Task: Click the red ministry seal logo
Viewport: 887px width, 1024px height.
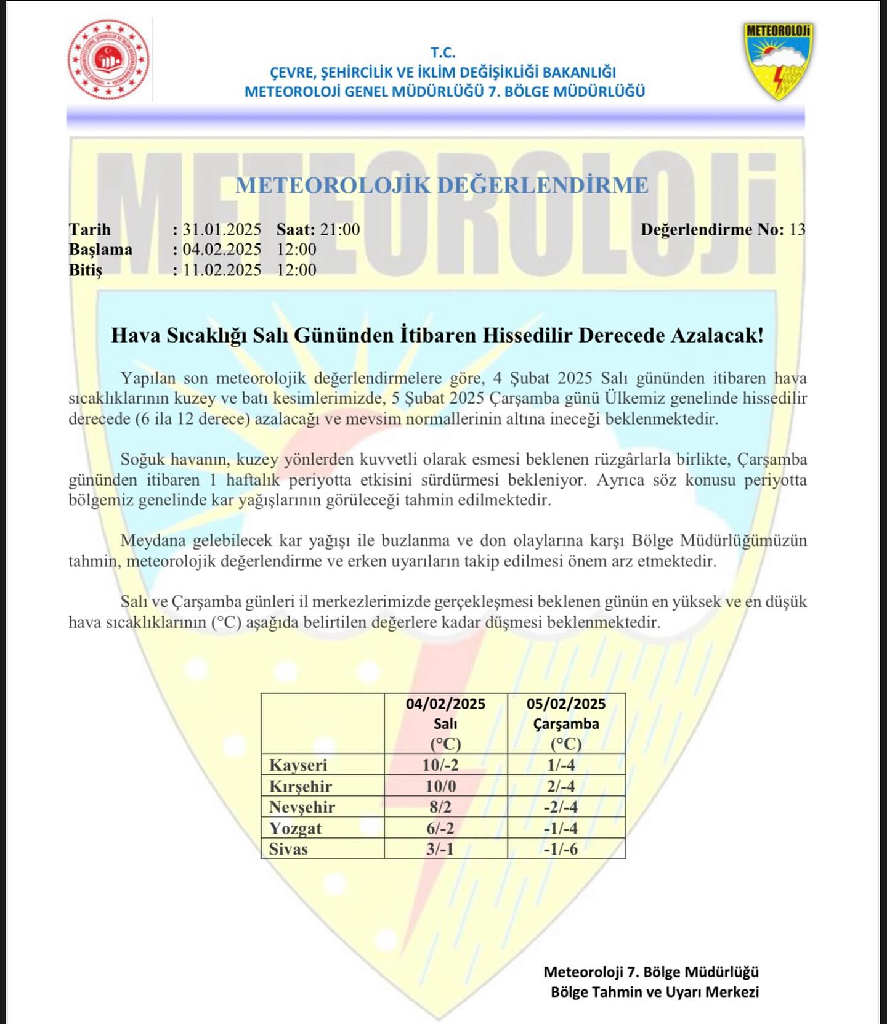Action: coord(109,59)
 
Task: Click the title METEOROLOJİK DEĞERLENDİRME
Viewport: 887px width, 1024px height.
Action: coord(442,185)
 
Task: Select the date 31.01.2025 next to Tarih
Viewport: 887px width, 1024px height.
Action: coord(222,230)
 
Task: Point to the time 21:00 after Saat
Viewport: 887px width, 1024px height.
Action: coord(340,230)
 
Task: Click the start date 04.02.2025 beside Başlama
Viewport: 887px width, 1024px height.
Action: coord(222,250)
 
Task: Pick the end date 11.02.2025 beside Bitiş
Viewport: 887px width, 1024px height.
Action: coord(222,270)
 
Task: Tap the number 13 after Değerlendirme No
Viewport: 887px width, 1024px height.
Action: coord(797,230)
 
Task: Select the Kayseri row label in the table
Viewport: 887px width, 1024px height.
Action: coord(298,765)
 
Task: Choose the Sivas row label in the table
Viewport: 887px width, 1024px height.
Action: coord(288,849)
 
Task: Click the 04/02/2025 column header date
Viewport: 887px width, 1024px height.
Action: coord(445,704)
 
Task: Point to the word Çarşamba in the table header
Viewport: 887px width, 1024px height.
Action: coord(566,724)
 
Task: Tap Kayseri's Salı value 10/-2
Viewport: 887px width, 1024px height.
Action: coord(440,765)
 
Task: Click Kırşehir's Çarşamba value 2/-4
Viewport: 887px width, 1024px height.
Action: coord(560,786)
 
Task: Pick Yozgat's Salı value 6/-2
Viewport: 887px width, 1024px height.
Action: coord(440,828)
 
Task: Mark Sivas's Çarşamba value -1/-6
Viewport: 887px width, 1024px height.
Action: coord(561,849)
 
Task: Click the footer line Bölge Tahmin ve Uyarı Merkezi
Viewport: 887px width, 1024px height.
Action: coord(655,992)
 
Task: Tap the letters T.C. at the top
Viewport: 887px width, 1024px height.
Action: coord(443,53)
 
